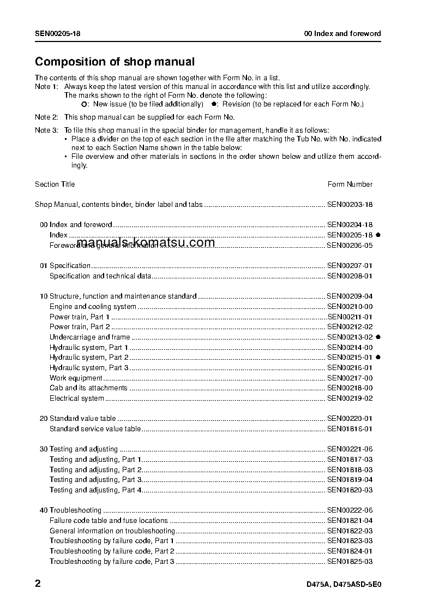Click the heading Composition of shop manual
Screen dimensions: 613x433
click(x=115, y=62)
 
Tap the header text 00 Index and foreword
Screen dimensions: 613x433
click(x=342, y=34)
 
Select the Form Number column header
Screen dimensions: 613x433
click(x=350, y=185)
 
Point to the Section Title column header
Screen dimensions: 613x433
click(x=55, y=185)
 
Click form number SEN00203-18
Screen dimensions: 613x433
click(x=350, y=205)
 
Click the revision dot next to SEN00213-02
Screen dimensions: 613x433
click(x=378, y=337)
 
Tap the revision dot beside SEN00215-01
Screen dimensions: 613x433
click(x=378, y=358)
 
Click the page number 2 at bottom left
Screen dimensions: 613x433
click(x=38, y=584)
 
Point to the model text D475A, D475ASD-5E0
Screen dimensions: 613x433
click(x=344, y=585)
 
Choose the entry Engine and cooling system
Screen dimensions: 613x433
click(x=93, y=307)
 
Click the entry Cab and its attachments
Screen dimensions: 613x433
click(x=88, y=388)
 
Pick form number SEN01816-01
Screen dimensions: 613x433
click(x=350, y=429)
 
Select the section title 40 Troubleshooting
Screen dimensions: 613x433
click(x=70, y=510)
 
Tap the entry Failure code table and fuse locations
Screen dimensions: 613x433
click(x=109, y=521)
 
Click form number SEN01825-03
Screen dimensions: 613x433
click(x=350, y=561)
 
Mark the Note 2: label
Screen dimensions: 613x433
click(x=46, y=117)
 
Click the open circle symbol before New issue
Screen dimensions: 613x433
click(x=84, y=104)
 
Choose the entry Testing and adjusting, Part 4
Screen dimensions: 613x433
click(x=96, y=490)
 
